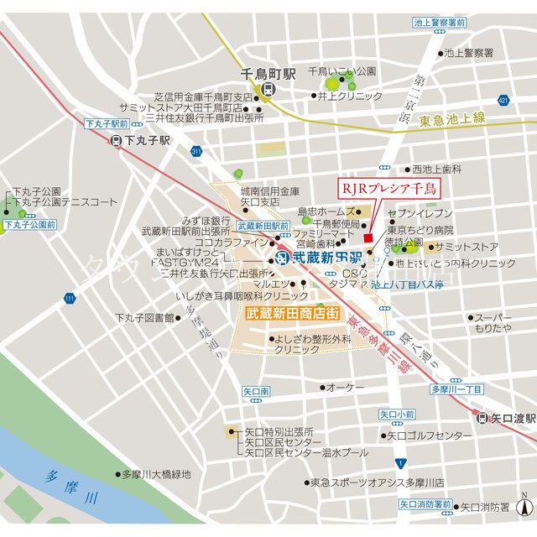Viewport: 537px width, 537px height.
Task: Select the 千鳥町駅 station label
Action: click(268, 74)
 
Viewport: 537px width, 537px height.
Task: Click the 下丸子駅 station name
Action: click(147, 141)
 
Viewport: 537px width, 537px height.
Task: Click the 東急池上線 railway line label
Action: click(453, 119)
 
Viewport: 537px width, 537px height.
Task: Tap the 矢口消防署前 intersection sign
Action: click(425, 504)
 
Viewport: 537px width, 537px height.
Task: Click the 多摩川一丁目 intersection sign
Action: click(456, 389)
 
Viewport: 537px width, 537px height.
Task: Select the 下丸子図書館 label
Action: click(143, 318)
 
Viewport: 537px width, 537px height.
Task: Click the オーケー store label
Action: click(345, 387)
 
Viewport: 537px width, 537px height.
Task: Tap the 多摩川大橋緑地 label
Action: click(156, 474)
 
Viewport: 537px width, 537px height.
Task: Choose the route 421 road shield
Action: click(503, 101)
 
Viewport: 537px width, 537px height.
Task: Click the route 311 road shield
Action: click(196, 151)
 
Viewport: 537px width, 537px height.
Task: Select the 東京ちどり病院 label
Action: click(420, 230)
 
